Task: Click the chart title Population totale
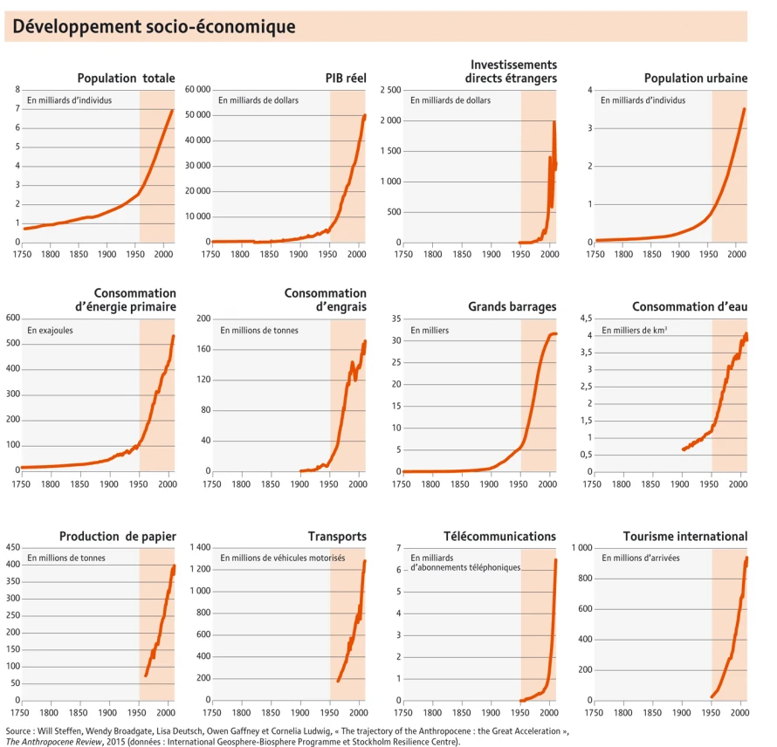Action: [x=126, y=78]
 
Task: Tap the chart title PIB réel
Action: [x=346, y=78]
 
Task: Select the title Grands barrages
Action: [x=512, y=307]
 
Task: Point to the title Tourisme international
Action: [x=685, y=536]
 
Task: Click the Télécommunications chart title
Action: [x=499, y=536]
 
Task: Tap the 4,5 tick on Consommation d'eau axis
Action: [x=582, y=319]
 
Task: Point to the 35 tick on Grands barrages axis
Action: [x=394, y=319]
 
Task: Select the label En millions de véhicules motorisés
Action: [x=282, y=559]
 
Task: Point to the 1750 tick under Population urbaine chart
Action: [x=595, y=253]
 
